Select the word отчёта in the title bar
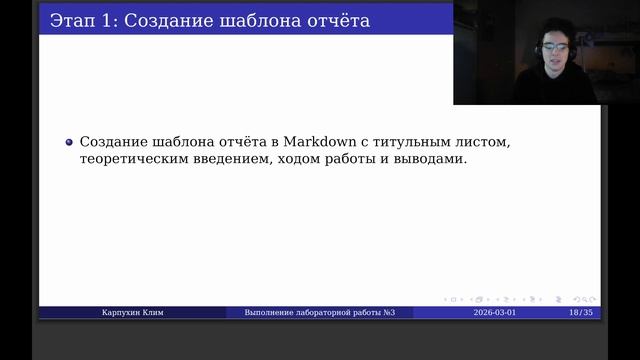pyautogui.click(x=334, y=19)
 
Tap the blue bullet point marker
pyautogui.click(x=69, y=141)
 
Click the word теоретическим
pyautogui.click(x=135, y=160)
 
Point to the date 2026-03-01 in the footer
pyautogui.click(x=495, y=313)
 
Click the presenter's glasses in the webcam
pyautogui.click(x=549, y=47)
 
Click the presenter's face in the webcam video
pyautogui.click(x=550, y=55)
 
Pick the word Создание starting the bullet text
pyautogui.click(x=113, y=141)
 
